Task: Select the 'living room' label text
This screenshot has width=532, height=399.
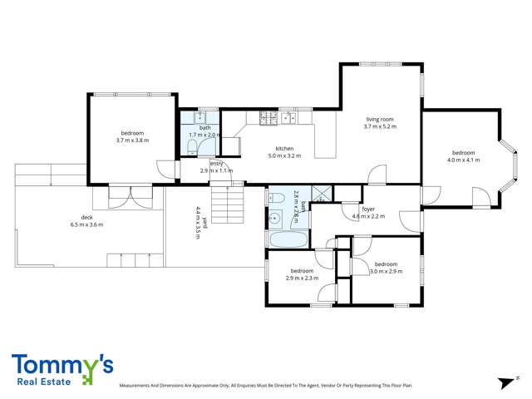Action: pyautogui.click(x=379, y=119)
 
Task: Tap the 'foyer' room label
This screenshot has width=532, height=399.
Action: pyautogui.click(x=368, y=209)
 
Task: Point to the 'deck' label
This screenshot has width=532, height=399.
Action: pyautogui.click(x=86, y=217)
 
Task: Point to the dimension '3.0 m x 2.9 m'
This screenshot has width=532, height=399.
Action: pyautogui.click(x=387, y=271)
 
